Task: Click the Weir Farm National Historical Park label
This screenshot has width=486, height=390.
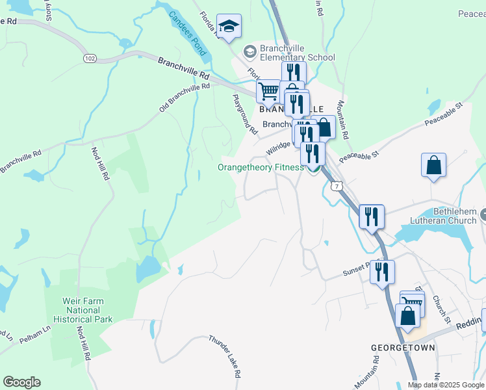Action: [x=88, y=310]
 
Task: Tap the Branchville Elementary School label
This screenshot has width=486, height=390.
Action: [x=288, y=52]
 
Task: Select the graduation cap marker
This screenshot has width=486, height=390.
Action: [x=228, y=27]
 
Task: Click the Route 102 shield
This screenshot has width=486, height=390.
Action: [x=90, y=58]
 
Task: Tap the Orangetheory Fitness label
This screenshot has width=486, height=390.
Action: [x=261, y=167]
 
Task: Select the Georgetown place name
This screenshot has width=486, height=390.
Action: [x=393, y=348]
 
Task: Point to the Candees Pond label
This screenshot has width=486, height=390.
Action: [x=186, y=32]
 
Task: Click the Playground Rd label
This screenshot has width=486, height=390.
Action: [x=244, y=113]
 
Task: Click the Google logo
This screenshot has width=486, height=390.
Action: [x=21, y=382]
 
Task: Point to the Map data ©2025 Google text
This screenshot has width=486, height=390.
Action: [x=444, y=385]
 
